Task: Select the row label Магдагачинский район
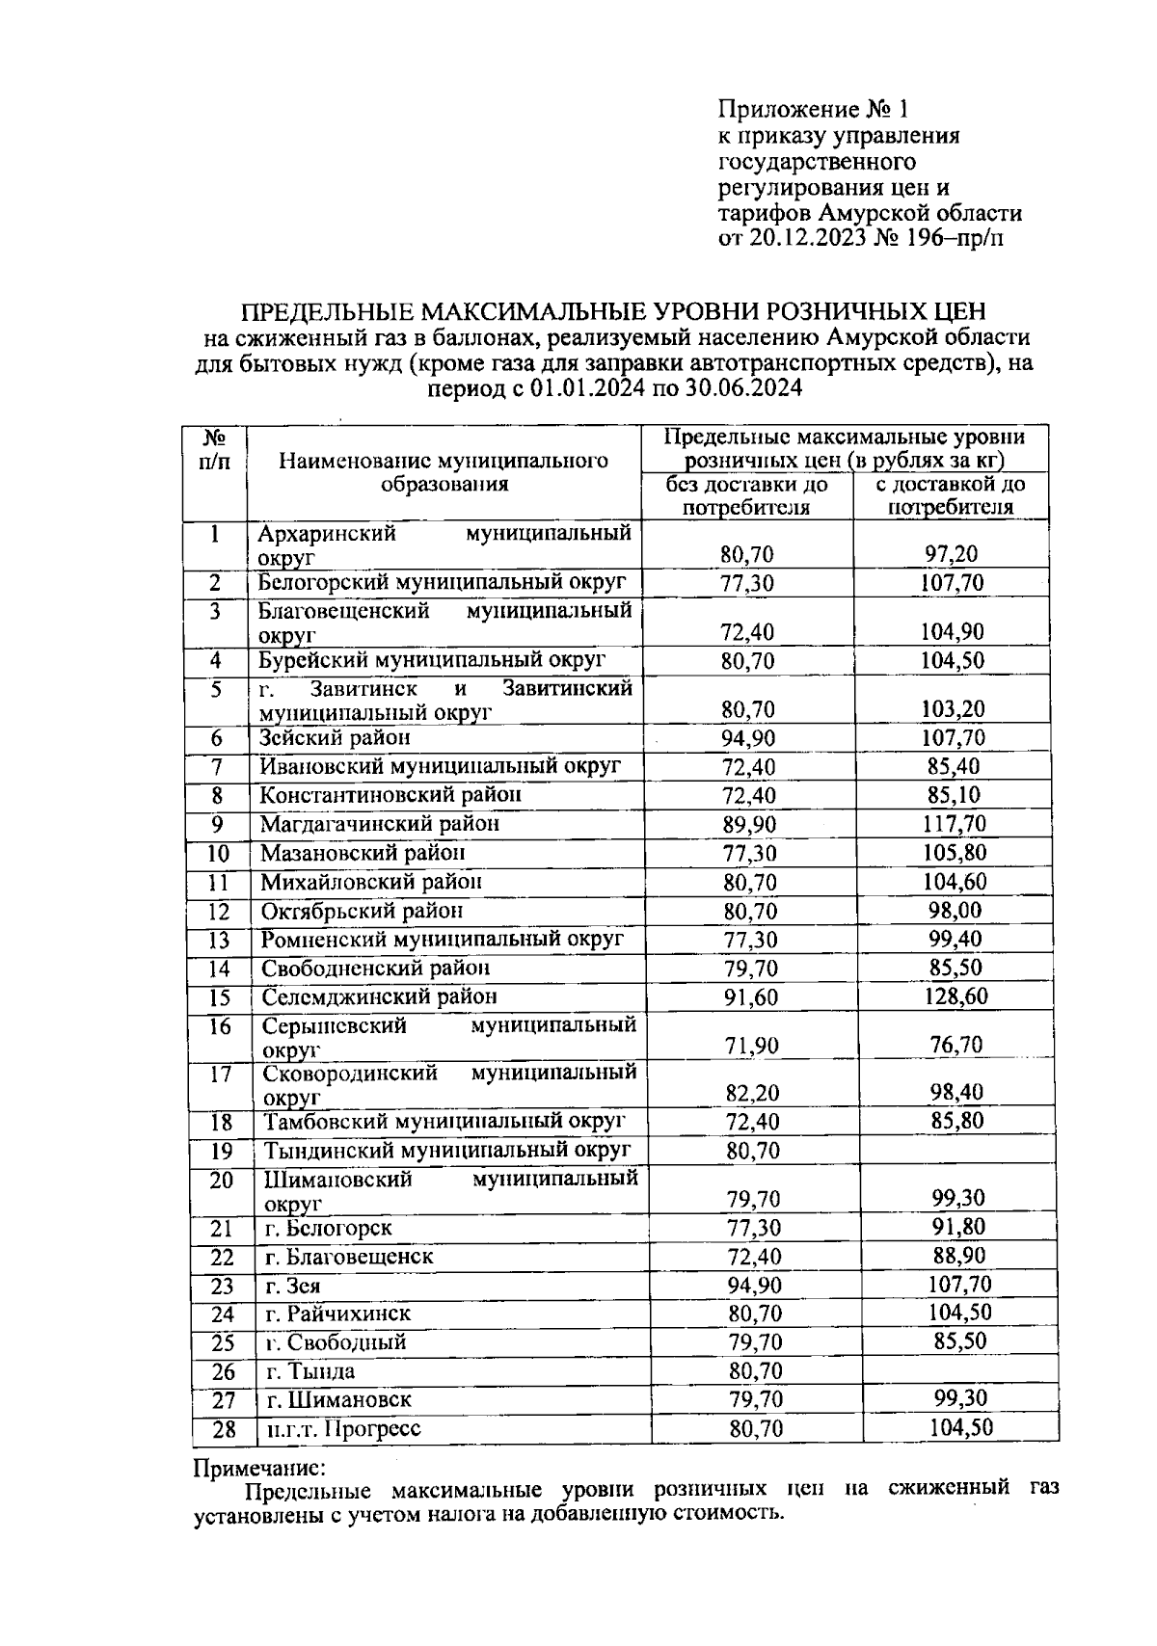(x=380, y=824)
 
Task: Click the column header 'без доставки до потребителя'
(x=747, y=495)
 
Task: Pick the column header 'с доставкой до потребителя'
(x=951, y=495)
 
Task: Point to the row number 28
(x=223, y=1429)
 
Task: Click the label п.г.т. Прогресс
(x=343, y=1428)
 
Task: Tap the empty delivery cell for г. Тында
(x=955, y=1370)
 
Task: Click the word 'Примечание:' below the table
(x=260, y=1469)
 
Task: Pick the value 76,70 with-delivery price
(x=955, y=1045)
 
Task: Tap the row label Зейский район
(x=335, y=738)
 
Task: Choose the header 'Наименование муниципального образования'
(x=444, y=472)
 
